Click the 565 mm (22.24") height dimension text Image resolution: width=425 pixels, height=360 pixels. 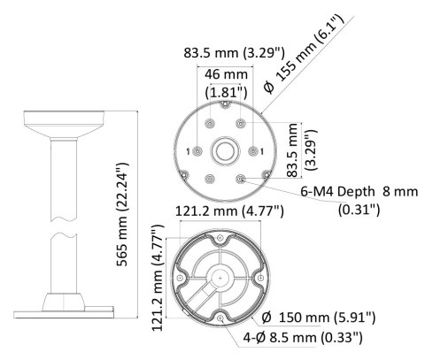[122, 214]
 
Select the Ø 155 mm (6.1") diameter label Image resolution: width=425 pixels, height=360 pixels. [304, 54]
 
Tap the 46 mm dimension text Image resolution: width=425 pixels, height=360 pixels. [226, 74]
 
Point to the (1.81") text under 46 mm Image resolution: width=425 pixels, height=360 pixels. [226, 92]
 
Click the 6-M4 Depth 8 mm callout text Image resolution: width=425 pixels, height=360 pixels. [359, 192]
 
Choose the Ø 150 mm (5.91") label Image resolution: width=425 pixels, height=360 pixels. [319, 318]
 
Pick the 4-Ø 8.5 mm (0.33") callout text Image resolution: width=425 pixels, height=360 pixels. [303, 337]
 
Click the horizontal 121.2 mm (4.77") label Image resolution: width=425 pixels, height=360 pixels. [229, 211]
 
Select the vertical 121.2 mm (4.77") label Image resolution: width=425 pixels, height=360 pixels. [158, 278]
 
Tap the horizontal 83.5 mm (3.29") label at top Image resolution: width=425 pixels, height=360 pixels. [234, 53]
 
